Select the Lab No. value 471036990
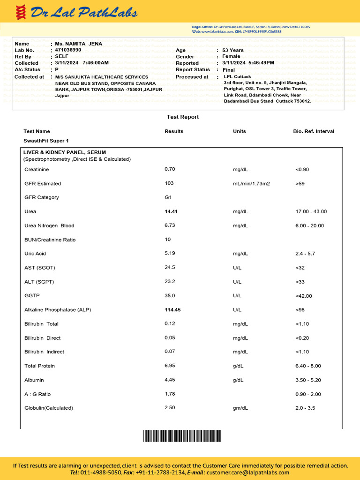pyautogui.click(x=68, y=50)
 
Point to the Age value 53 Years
pyautogui.click(x=233, y=50)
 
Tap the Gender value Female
pyautogui.click(x=231, y=56)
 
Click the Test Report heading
pyautogui.click(x=183, y=117)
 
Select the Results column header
pyautogui.click(x=174, y=131)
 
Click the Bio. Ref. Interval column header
pyautogui.click(x=314, y=131)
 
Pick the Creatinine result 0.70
pyautogui.click(x=170, y=169)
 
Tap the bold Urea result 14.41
pyautogui.click(x=171, y=211)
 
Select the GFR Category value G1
pyautogui.click(x=168, y=197)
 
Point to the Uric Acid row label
pyautogui.click(x=35, y=254)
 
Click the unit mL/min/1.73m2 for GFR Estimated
pyautogui.click(x=251, y=183)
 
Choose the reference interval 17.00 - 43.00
pyautogui.click(x=311, y=211)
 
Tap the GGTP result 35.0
pyautogui.click(x=170, y=296)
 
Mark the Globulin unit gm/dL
pyautogui.click(x=240, y=408)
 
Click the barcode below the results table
pyautogui.click(x=182, y=436)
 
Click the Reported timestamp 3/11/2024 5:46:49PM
pyautogui.click(x=248, y=63)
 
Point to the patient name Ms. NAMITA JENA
pyautogui.click(x=78, y=44)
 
